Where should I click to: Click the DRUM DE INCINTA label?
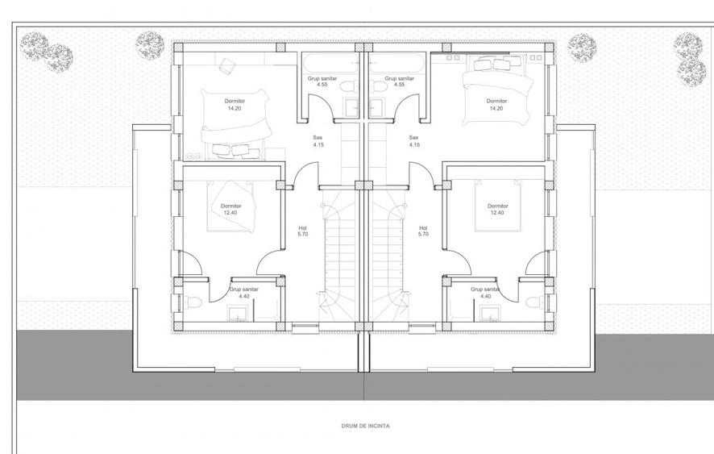point(365,427)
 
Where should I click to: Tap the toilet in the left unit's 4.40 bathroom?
point(193,302)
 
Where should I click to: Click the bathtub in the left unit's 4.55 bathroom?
point(330,64)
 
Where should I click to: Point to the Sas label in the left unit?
point(318,138)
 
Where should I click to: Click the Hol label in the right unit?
point(423,228)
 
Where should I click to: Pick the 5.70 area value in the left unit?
point(303,235)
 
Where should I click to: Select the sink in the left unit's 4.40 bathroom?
point(237,314)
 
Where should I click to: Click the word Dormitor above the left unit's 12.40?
point(230,206)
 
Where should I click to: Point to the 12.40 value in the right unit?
point(496,213)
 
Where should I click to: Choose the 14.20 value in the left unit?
point(235,109)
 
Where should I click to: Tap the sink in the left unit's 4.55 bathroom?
point(351,107)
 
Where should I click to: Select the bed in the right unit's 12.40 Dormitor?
point(497,205)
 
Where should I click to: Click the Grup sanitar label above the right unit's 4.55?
point(400,78)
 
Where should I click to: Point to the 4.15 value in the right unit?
point(414,145)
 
